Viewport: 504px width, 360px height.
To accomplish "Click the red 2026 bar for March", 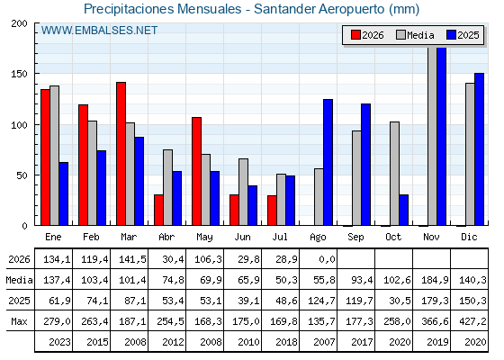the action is [x=121, y=154].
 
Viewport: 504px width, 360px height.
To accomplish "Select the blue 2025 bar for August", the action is [x=328, y=162].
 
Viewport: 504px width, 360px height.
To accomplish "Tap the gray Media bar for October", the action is [x=394, y=174].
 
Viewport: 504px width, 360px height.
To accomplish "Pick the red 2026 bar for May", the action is [x=197, y=171].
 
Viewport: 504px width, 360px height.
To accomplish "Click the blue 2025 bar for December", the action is [x=479, y=149].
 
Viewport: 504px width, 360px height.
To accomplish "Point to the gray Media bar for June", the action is [x=243, y=192].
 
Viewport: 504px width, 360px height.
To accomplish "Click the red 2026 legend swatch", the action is [x=355, y=35].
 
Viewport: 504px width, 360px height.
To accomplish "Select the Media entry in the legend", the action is [x=415, y=35].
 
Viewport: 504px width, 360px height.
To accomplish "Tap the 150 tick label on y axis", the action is [x=19, y=74].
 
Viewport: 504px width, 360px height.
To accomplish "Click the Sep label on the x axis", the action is [x=355, y=238].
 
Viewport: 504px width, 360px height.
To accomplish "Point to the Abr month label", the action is [x=166, y=238].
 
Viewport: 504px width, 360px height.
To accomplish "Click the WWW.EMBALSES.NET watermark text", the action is [x=99, y=31].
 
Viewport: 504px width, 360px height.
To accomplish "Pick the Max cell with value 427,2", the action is [x=472, y=321].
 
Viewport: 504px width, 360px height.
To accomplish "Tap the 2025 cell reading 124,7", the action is [x=321, y=301].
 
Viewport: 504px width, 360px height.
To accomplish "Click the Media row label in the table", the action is [x=19, y=280].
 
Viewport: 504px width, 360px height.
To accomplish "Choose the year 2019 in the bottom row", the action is [x=437, y=342].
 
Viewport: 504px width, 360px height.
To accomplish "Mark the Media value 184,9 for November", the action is [x=435, y=280].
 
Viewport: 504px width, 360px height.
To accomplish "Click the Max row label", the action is [x=19, y=321].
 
